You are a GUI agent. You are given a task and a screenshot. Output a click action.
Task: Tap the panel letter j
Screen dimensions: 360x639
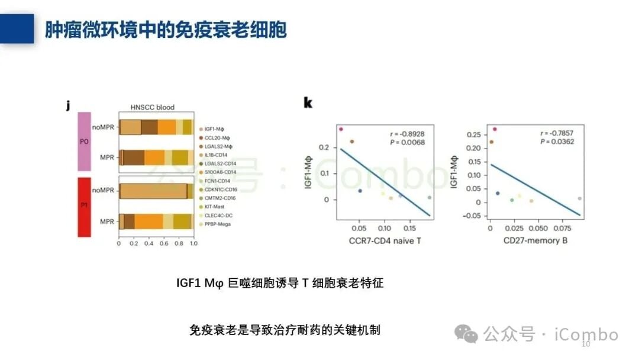pyautogui.click(x=69, y=106)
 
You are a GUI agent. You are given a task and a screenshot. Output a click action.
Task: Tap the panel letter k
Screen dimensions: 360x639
pyautogui.click(x=308, y=103)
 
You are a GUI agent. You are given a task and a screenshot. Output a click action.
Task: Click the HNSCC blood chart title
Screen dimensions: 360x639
pyautogui.click(x=152, y=107)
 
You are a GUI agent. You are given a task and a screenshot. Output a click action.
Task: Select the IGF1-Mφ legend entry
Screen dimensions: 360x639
pyautogui.click(x=215, y=128)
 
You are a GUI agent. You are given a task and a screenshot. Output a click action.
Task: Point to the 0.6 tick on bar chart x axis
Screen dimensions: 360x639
pyautogui.click(x=163, y=243)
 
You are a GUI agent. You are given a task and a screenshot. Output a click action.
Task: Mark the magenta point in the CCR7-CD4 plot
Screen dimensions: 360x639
pyautogui.click(x=341, y=128)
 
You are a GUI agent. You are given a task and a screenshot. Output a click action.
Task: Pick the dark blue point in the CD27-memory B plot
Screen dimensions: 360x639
pyautogui.click(x=498, y=194)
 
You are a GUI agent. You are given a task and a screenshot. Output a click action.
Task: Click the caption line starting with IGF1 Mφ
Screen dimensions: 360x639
pyautogui.click(x=280, y=283)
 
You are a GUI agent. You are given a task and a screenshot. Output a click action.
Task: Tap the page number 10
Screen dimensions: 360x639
pyautogui.click(x=586, y=344)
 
